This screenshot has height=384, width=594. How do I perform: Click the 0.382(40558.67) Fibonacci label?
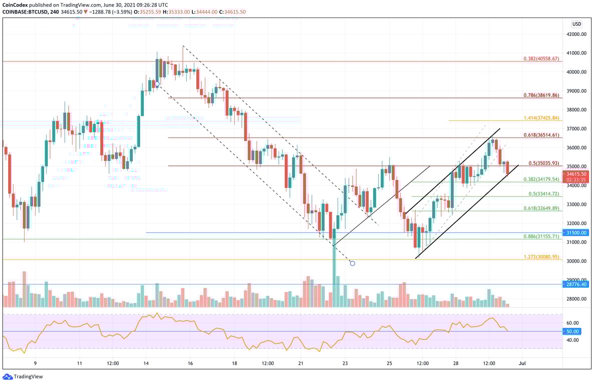point(541,58)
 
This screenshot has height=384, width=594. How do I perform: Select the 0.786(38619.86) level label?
point(541,94)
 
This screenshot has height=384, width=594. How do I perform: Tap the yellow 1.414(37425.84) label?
point(541,117)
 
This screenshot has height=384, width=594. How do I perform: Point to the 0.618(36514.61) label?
point(541,134)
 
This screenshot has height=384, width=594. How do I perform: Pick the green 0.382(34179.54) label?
point(541,179)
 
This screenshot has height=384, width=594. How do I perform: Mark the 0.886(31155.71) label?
point(541,236)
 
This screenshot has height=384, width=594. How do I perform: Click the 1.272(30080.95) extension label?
point(541,256)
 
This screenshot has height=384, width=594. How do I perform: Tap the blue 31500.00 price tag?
point(576,232)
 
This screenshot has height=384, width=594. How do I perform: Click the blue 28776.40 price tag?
point(576,284)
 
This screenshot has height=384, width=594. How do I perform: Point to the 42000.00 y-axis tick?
point(576,34)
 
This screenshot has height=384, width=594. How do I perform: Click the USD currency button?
point(576,23)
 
